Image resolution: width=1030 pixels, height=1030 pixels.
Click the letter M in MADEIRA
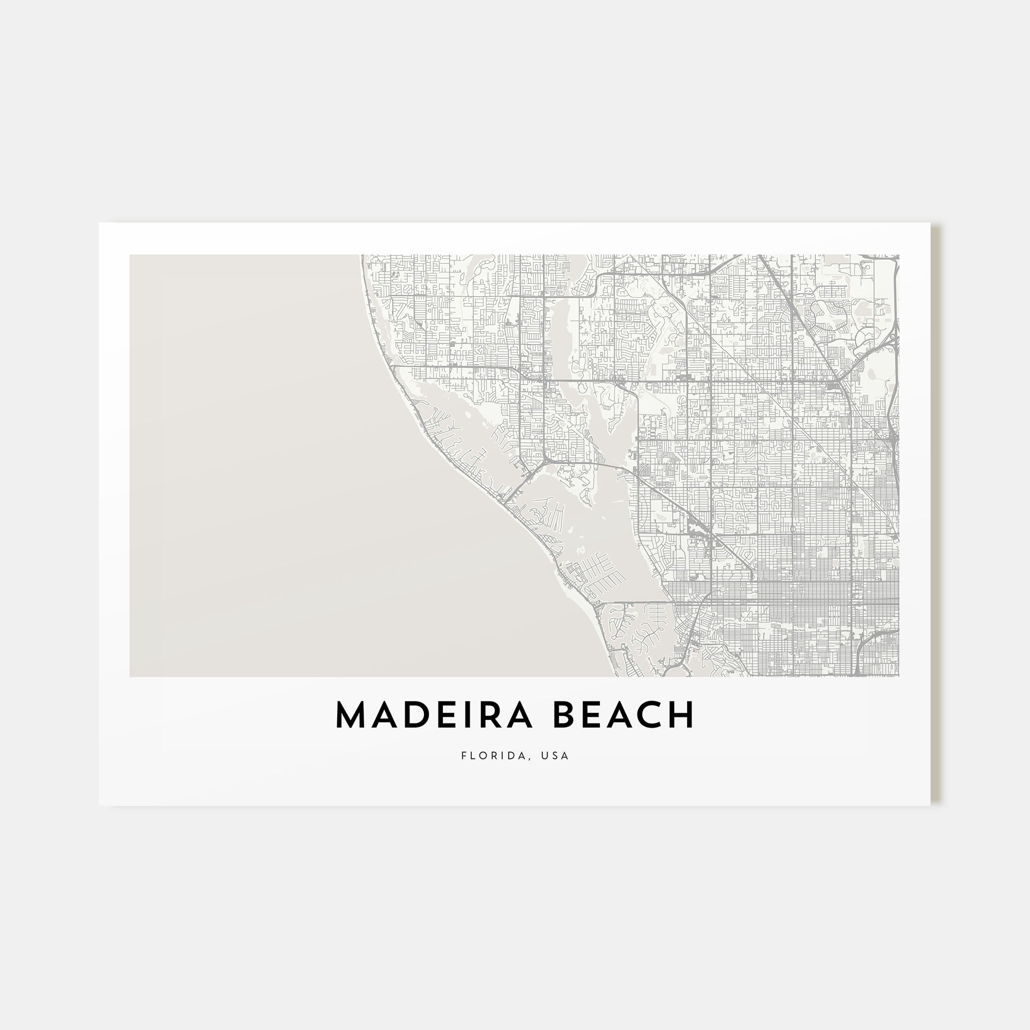click(x=352, y=715)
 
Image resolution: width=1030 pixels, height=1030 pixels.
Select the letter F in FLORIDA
click(x=464, y=756)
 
